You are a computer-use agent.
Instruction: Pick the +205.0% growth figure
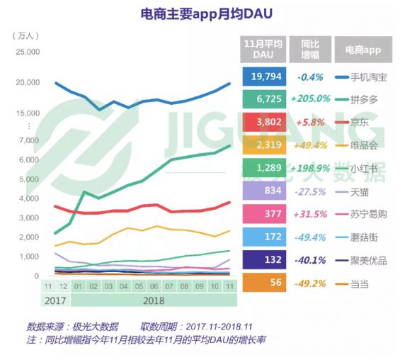310,99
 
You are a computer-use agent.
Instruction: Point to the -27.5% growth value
310,191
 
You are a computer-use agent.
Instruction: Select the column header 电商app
363,50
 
